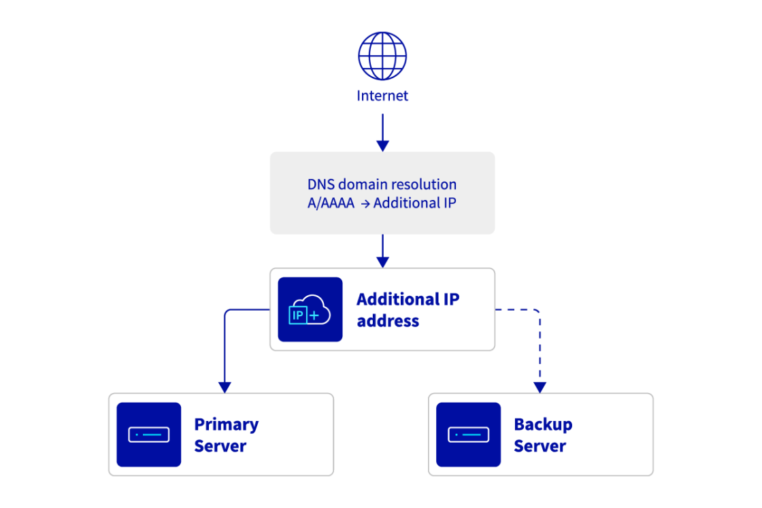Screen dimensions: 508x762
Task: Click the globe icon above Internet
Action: pos(382,56)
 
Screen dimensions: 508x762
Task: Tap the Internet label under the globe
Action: pos(382,96)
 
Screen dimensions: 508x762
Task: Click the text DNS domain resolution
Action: pos(382,184)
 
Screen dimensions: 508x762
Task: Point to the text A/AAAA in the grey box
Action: pos(331,203)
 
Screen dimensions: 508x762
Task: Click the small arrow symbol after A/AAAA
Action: pos(364,203)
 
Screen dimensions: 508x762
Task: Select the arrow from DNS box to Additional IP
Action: pos(382,251)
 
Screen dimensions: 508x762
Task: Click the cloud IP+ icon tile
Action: pos(310,309)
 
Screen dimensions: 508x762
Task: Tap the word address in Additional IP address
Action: pos(388,321)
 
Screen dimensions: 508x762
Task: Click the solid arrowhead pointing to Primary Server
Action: pos(225,386)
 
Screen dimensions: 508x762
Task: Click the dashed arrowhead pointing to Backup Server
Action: pos(540,386)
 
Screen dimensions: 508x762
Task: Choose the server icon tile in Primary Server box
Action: pos(148,435)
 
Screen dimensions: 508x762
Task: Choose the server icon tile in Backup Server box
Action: pos(468,435)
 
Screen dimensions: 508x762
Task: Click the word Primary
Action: pos(226,424)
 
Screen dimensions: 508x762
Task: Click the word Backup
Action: pos(543,424)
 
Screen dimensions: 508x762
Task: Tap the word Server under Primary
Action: pos(220,446)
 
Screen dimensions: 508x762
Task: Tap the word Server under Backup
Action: pos(540,446)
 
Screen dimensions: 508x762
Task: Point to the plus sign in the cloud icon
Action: pos(314,316)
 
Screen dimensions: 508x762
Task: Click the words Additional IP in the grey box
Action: pos(414,203)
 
